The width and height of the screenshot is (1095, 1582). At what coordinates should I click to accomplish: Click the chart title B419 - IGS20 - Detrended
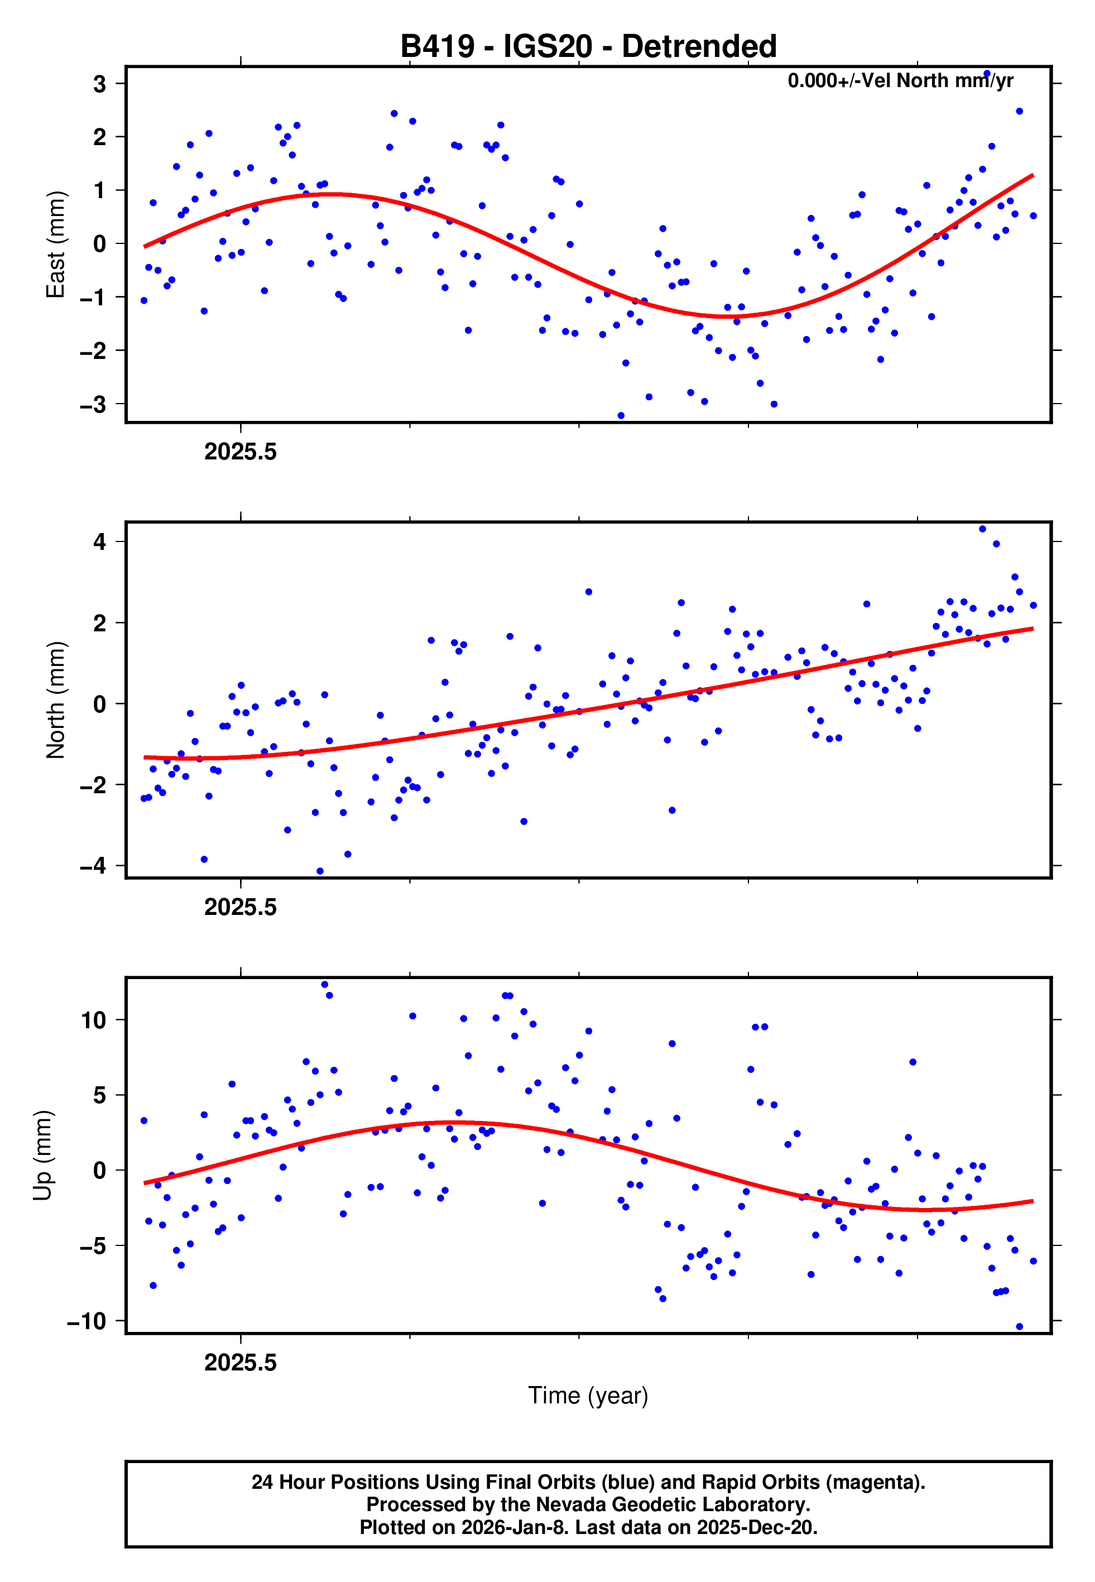[588, 47]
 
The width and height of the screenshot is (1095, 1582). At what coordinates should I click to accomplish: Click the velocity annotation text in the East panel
[900, 81]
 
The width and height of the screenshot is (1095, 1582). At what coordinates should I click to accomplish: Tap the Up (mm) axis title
[42, 1156]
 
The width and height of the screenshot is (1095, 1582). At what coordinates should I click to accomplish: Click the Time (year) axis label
[588, 1396]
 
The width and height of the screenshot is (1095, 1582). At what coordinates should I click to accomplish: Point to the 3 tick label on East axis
[100, 84]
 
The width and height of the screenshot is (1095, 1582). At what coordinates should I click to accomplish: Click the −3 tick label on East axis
[93, 405]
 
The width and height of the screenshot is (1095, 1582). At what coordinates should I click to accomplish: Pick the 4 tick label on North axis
[100, 542]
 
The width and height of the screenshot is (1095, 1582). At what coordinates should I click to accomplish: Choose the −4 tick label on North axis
[93, 866]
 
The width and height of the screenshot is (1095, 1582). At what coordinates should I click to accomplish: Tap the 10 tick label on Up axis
[94, 1020]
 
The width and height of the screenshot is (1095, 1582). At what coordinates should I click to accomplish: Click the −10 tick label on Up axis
[87, 1321]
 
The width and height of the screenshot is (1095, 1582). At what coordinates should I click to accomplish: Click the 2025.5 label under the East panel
[240, 452]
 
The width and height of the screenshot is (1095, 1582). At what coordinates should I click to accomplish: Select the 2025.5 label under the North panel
[240, 908]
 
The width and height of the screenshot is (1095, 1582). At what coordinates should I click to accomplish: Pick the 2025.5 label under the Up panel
[240, 1363]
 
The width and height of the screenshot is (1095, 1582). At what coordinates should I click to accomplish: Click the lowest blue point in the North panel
[320, 871]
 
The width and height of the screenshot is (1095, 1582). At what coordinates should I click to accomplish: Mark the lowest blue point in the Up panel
[1019, 1327]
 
